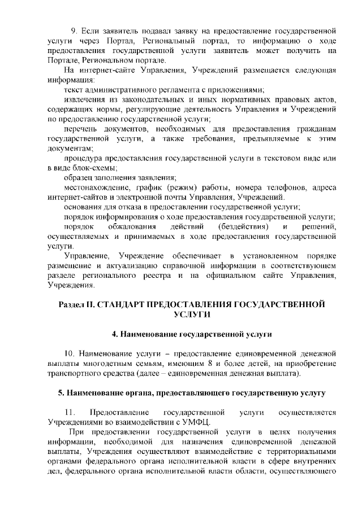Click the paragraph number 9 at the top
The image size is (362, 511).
[x=73, y=29]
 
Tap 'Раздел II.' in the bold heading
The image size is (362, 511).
[x=77, y=304]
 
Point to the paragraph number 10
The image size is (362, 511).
[x=70, y=354]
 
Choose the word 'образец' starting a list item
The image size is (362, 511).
[x=80, y=177]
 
